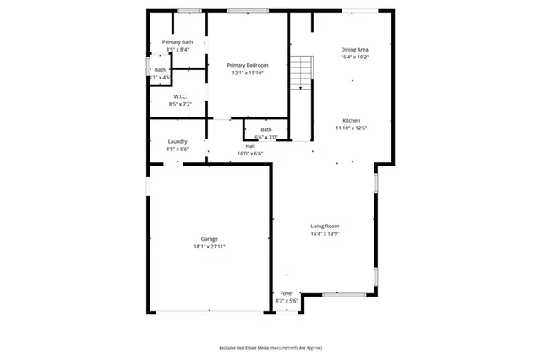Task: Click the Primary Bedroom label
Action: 248,65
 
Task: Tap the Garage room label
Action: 210,238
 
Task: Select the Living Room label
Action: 325,226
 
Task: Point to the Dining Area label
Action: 354,50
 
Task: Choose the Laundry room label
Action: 178,141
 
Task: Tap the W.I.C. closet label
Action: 180,96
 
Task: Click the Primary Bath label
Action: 178,42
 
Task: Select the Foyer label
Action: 287,293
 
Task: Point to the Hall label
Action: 250,146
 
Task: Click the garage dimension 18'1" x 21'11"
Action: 210,246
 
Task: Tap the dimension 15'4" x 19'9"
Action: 325,233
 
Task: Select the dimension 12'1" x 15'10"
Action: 248,73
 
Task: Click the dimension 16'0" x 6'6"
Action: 250,154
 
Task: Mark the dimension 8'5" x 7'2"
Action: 180,104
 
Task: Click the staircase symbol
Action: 302,73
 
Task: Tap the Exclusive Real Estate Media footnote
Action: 270,348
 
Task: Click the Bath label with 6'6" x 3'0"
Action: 265,129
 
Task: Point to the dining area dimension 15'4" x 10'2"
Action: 354,57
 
